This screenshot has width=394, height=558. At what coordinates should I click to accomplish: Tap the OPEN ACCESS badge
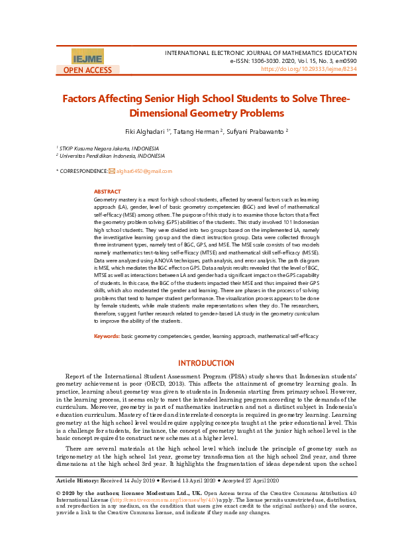click(x=87, y=70)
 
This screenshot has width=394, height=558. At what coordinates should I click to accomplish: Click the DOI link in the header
click(x=309, y=68)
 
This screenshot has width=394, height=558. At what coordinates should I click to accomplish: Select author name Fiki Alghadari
click(x=148, y=131)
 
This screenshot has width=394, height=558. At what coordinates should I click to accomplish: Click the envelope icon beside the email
click(x=111, y=172)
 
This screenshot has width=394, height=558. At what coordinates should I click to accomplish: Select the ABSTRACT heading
click(x=107, y=192)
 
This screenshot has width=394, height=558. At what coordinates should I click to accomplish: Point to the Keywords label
click(x=107, y=336)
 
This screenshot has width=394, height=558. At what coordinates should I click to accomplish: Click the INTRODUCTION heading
click(x=207, y=363)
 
